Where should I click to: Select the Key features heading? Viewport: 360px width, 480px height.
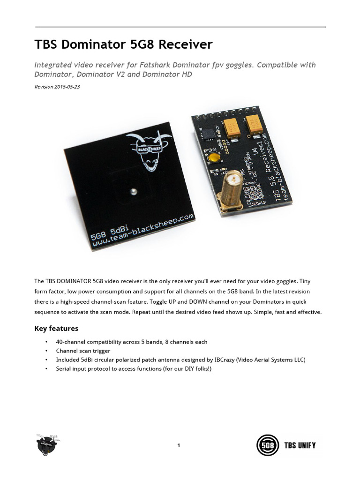(56, 328)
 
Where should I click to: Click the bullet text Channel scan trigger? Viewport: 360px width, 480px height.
(83, 351)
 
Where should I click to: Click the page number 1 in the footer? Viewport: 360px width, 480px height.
(179, 445)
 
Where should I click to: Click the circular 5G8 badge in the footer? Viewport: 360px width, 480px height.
(267, 445)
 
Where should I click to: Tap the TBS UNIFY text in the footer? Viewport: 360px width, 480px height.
(300, 445)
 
